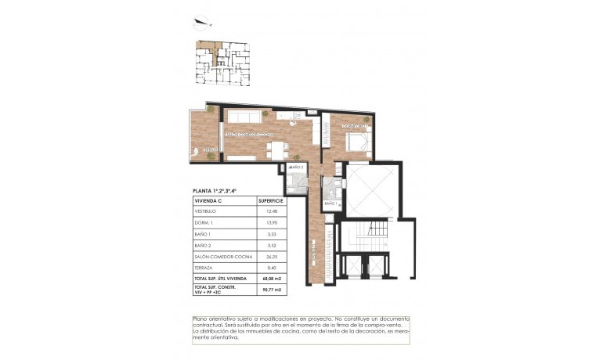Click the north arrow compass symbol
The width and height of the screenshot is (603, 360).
203,21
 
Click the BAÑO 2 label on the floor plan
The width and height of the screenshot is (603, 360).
296,167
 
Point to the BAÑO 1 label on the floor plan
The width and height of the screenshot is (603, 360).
330,203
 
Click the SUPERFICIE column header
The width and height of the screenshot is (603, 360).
270,200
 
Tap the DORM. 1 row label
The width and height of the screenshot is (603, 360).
204,223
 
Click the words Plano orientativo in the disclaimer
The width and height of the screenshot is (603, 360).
214,319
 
